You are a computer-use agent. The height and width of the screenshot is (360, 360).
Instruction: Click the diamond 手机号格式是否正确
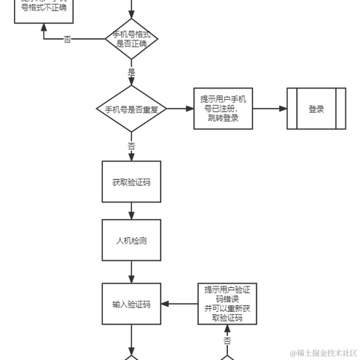pyautogui.click(x=131, y=38)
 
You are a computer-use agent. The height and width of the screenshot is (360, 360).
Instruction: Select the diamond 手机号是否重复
pyautogui.click(x=131, y=109)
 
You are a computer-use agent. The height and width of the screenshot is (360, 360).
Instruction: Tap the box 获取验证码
pyautogui.click(x=131, y=182)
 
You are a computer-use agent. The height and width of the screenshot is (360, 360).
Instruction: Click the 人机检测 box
pyautogui.click(x=131, y=241)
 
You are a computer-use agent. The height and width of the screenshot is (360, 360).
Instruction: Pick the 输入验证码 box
pyautogui.click(x=131, y=304)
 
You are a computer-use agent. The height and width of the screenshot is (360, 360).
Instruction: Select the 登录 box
pyautogui.click(x=316, y=109)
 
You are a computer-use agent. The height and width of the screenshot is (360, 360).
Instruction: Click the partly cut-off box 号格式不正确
pyautogui.click(x=43, y=10)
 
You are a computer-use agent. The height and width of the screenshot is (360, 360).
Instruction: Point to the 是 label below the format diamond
pyautogui.click(x=131, y=71)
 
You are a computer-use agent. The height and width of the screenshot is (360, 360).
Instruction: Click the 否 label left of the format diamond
pyautogui.click(x=67, y=38)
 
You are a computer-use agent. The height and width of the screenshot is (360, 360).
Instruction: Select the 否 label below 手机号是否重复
pyautogui.click(x=131, y=144)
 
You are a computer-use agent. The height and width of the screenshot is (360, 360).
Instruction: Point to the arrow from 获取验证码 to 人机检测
pyautogui.click(x=131, y=211)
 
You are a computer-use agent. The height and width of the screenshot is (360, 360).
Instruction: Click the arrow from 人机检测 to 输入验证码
pyautogui.click(x=131, y=271)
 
